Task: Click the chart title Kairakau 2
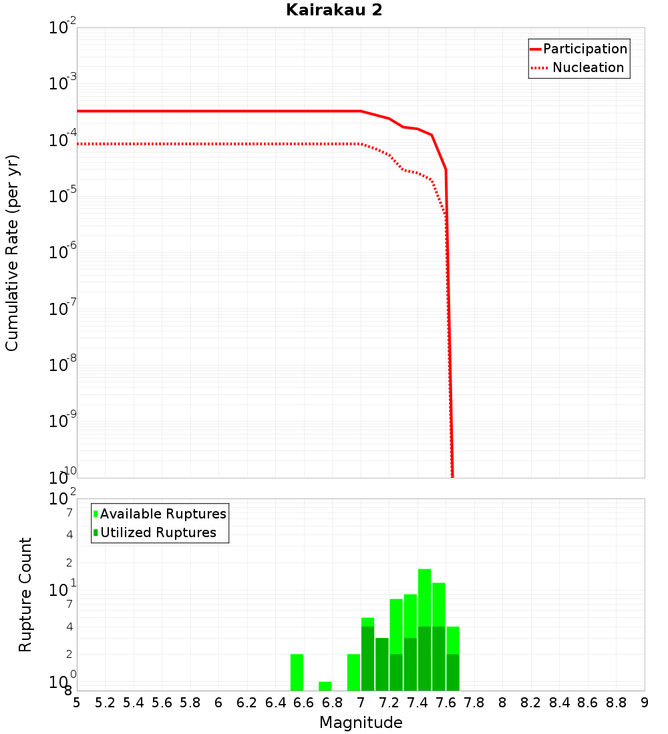pyautogui.click(x=334, y=10)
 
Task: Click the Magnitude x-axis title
pyautogui.click(x=361, y=723)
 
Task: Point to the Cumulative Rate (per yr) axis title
pyautogui.click(x=12, y=252)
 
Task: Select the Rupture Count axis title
pyautogui.click(x=25, y=595)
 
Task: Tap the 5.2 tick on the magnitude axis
pyautogui.click(x=106, y=703)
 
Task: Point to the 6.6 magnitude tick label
pyautogui.click(x=304, y=703)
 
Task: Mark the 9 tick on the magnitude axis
pyautogui.click(x=645, y=703)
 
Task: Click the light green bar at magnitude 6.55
pyautogui.click(x=297, y=672)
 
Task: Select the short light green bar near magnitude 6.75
pyautogui.click(x=325, y=686)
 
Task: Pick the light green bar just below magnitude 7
pyautogui.click(x=353, y=672)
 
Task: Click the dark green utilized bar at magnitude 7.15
pyautogui.click(x=382, y=664)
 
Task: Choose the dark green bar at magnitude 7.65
pyautogui.click(x=453, y=672)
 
